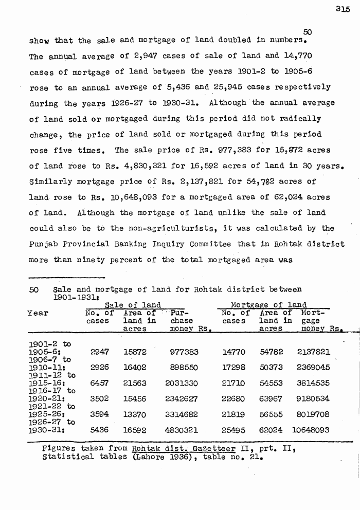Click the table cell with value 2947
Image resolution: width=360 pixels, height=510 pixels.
point(99,352)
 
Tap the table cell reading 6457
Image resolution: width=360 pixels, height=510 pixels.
point(99,383)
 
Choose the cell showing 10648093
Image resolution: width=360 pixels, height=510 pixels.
point(310,429)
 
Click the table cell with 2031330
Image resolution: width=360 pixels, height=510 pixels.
point(183,383)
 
